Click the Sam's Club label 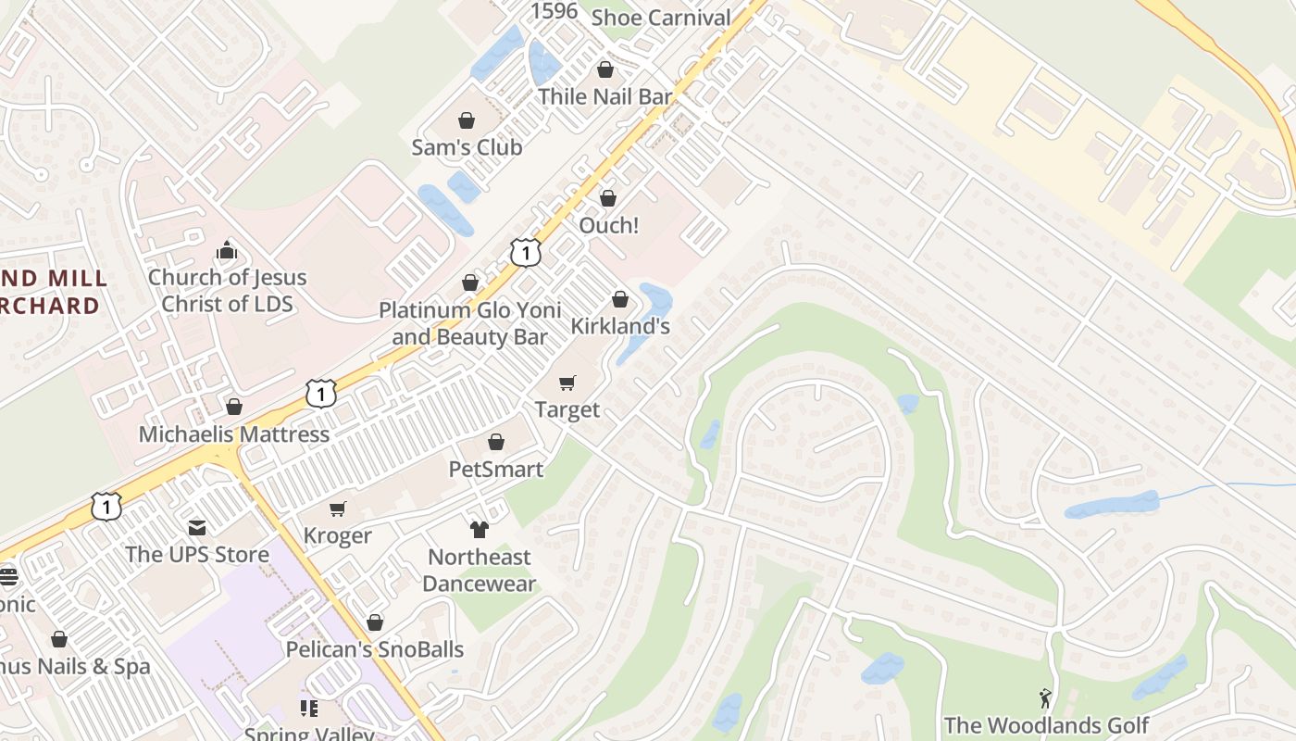point(467,147)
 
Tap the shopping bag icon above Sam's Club point(467,120)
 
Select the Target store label point(567,409)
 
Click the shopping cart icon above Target point(567,383)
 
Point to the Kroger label point(338,535)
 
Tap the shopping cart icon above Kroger point(338,509)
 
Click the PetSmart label point(496,469)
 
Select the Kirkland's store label point(620,326)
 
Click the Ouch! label point(608,225)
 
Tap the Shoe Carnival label point(661,17)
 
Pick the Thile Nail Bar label point(605,96)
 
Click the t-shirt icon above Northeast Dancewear point(479,529)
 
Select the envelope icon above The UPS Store point(197,527)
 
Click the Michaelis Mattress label point(234,433)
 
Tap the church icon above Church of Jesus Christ point(227,250)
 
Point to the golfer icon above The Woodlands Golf point(1046,697)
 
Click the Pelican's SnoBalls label point(375,649)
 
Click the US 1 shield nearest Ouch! point(525,252)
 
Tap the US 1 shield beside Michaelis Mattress point(320,393)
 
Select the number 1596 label point(554,11)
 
